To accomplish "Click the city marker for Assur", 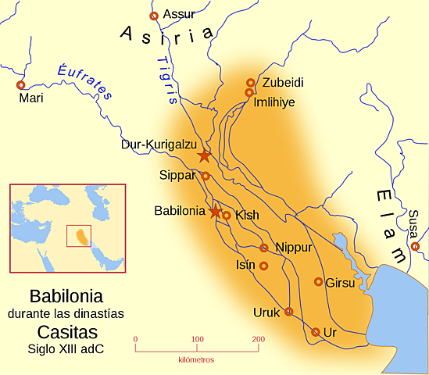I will pyautogui.click(x=153, y=16).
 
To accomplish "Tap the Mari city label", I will pyautogui.click(x=30, y=99).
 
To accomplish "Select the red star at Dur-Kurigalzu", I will pyautogui.click(x=204, y=155).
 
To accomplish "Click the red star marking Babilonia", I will pyautogui.click(x=216, y=211).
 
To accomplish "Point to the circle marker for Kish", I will pyautogui.click(x=227, y=215).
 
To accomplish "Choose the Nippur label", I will pyautogui.click(x=294, y=248).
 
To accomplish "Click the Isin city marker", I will pyautogui.click(x=263, y=266).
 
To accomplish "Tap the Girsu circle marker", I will pyautogui.click(x=318, y=281).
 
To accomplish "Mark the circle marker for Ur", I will pyautogui.click(x=315, y=332).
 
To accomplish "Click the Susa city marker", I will pyautogui.click(x=415, y=246).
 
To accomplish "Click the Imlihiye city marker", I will pyautogui.click(x=249, y=92).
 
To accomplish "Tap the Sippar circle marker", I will pyautogui.click(x=206, y=176).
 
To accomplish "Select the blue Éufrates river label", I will pyautogui.click(x=80, y=79).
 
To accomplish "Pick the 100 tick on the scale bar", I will pyautogui.click(x=196, y=339).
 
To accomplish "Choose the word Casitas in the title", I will pyautogui.click(x=66, y=331).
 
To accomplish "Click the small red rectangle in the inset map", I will pyautogui.click(x=79, y=236).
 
